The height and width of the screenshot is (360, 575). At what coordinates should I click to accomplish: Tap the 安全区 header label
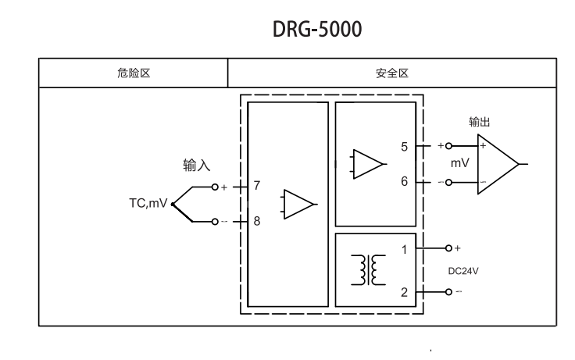pos(392,73)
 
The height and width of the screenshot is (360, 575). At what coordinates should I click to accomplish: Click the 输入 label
pos(197,166)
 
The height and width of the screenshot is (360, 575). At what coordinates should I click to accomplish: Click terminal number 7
pos(257,187)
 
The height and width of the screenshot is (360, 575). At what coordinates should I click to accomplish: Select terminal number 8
pos(257,221)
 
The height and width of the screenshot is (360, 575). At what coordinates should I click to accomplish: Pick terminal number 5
pos(404,146)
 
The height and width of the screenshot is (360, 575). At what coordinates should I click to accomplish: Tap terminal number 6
pos(404,181)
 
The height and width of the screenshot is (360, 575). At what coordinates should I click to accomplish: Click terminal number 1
pos(404,250)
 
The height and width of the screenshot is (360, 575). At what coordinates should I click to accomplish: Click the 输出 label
pos(480,122)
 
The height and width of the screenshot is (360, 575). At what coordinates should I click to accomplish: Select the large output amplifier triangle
pos(498,164)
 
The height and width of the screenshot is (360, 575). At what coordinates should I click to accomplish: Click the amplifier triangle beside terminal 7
pos(298,204)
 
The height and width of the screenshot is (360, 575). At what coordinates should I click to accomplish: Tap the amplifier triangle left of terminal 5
pos(368,164)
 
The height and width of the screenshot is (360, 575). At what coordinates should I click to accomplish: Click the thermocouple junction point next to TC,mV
pos(172,205)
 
